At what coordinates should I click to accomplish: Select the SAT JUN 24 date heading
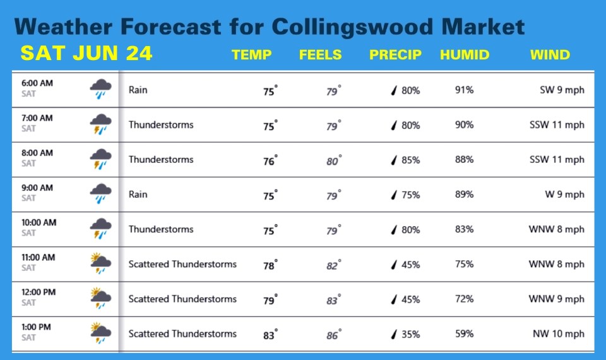86,54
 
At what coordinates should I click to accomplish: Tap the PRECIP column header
395,55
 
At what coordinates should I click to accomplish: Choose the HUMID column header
465,55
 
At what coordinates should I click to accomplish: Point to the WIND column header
550,55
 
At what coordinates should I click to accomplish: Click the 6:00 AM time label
37,83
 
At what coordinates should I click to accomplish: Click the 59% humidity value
464,333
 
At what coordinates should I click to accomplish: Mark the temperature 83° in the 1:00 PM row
270,335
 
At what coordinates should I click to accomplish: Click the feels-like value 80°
334,161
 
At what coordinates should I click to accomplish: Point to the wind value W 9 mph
564,195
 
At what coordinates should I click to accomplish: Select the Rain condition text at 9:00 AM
138,195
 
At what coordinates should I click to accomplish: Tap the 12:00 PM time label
39,292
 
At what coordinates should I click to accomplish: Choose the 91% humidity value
464,90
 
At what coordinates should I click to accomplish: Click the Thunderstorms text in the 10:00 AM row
161,229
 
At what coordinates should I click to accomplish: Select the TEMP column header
252,55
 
